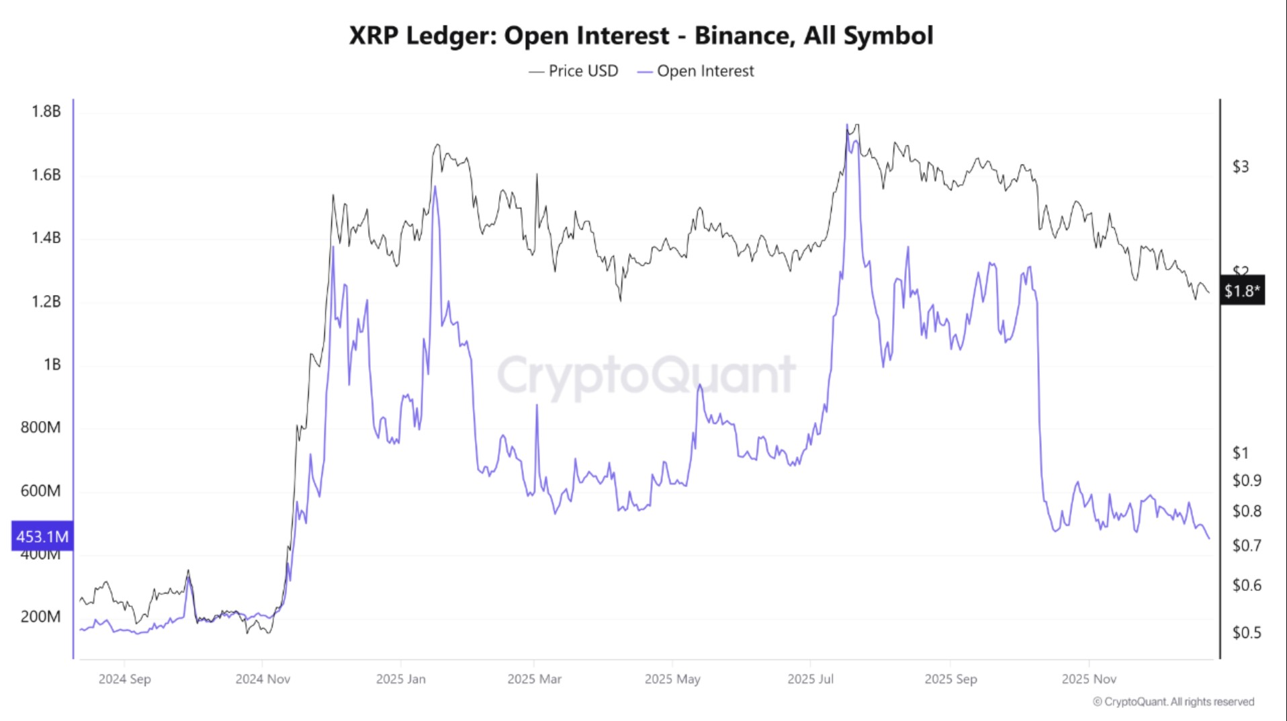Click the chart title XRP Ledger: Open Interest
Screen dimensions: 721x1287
click(641, 36)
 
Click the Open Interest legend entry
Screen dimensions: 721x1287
click(696, 71)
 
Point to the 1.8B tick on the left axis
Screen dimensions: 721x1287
click(46, 112)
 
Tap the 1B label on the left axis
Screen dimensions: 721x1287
click(52, 365)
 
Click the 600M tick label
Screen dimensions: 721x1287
click(40, 491)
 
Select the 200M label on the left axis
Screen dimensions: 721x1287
click(40, 617)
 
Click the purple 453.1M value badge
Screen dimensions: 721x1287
click(42, 536)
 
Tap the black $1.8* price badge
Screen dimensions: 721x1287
click(1241, 290)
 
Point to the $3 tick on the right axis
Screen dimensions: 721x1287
click(1240, 167)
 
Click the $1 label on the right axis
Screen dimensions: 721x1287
click(1240, 453)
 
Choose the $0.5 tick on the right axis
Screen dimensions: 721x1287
click(1246, 633)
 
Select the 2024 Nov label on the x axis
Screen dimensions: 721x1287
click(263, 679)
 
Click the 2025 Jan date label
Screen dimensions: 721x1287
click(400, 679)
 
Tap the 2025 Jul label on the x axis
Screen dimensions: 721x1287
click(810, 679)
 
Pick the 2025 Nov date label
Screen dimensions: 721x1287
click(1089, 679)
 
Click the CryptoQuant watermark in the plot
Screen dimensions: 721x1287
click(646, 375)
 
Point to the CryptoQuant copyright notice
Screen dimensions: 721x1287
click(1173, 702)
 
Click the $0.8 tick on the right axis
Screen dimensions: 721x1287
click(1246, 512)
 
